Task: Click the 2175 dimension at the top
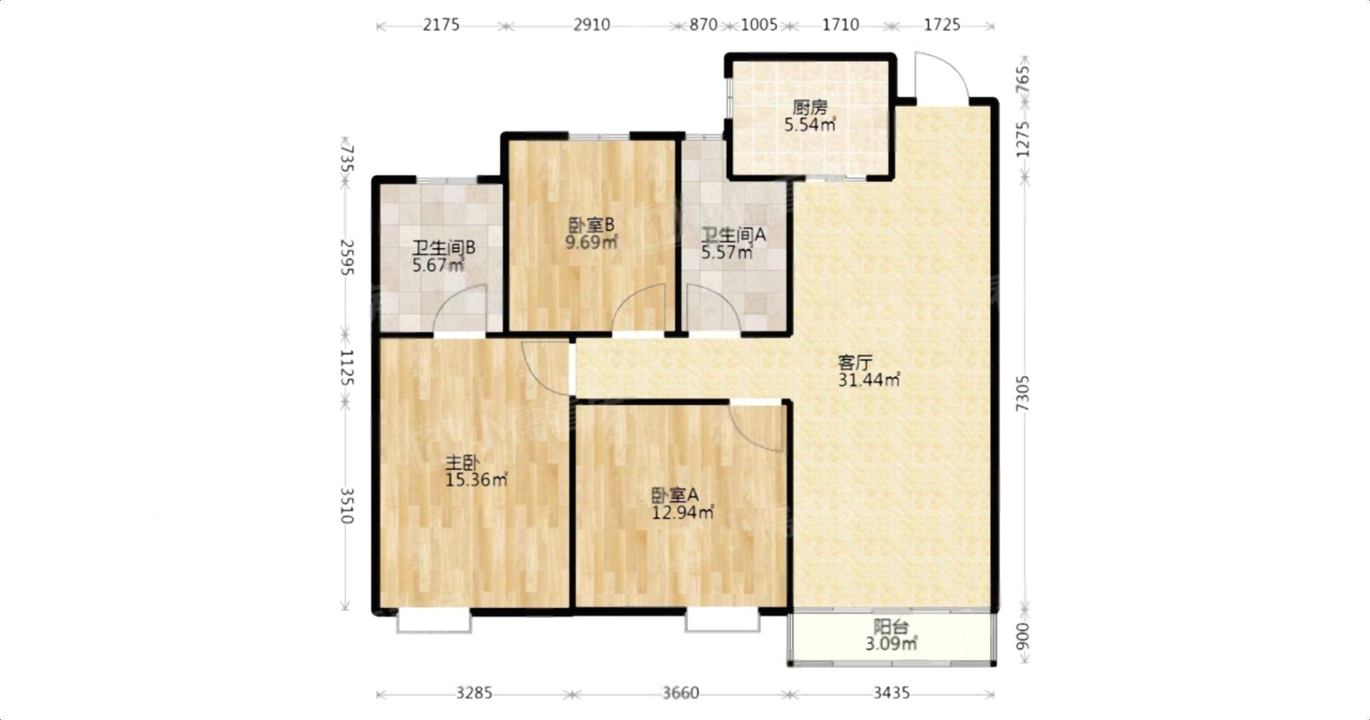tap(441, 25)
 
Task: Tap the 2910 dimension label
tap(592, 25)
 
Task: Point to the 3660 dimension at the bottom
tap(680, 694)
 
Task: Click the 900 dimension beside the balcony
tap(1023, 636)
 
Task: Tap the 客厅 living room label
tap(855, 363)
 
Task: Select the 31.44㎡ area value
tap(869, 380)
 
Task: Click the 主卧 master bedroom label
tap(462, 463)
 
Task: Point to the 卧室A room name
tap(675, 495)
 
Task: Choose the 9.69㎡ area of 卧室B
tap(591, 242)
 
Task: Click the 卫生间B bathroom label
tap(444, 248)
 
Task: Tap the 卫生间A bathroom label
tap(734, 235)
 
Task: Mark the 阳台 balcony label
tap(891, 626)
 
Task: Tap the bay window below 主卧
tap(434, 621)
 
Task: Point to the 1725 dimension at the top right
tap(942, 25)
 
